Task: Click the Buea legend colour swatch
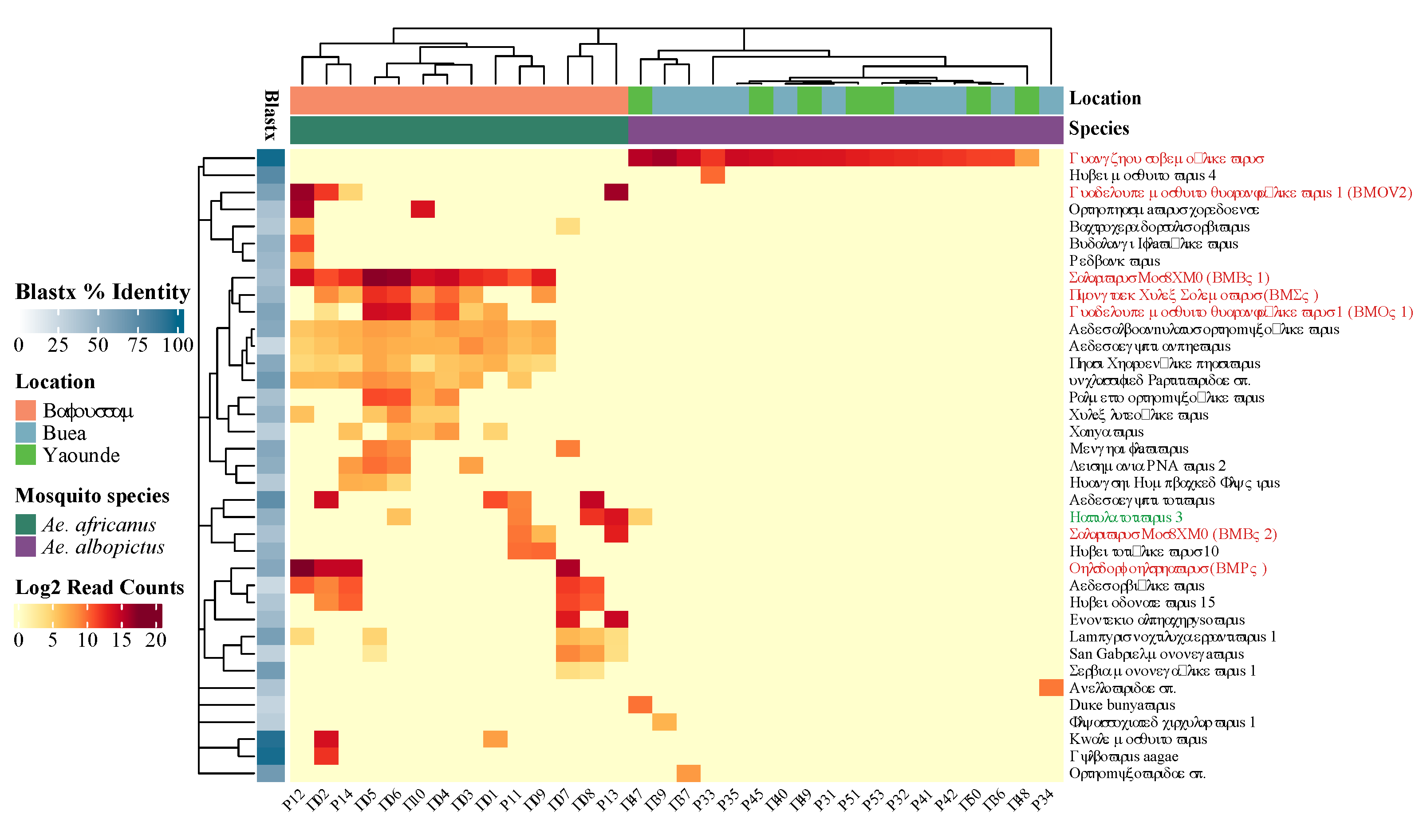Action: tap(25, 433)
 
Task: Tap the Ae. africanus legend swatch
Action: tap(25, 524)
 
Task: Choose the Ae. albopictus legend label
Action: tap(102, 547)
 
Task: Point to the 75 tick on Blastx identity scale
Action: tap(138, 345)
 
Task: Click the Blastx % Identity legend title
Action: tap(102, 292)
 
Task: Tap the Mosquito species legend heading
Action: tap(92, 496)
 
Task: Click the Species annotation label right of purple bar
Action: tap(1099, 128)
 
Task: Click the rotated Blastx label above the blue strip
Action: tap(271, 115)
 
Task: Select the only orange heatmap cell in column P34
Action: tap(1051, 688)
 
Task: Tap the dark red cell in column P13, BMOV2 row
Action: tap(616, 192)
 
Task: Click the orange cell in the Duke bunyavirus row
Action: tap(640, 704)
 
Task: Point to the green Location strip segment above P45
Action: tap(761, 100)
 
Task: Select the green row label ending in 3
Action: tap(1125, 517)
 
